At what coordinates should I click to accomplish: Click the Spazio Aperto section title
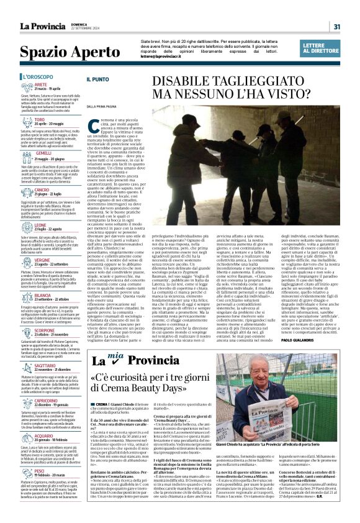[x=61, y=52]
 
